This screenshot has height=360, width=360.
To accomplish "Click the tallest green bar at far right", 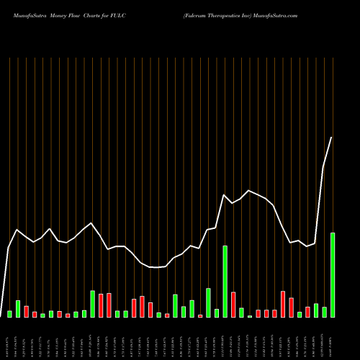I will pyautogui.click(x=333, y=274).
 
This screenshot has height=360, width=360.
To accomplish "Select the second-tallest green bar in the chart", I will pyautogui.click(x=225, y=281).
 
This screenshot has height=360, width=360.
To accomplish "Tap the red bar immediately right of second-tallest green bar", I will pyautogui.click(x=233, y=305).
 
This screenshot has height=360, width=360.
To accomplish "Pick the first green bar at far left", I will pyautogui.click(x=9, y=314).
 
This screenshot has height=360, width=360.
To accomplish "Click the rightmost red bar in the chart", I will pyautogui.click(x=308, y=312).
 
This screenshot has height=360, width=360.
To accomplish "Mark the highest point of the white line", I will pyautogui.click(x=332, y=137).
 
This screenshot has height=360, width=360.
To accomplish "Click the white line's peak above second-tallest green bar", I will pyautogui.click(x=225, y=195).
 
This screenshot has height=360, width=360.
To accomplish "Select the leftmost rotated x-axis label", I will pyautogui.click(x=9, y=338).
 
